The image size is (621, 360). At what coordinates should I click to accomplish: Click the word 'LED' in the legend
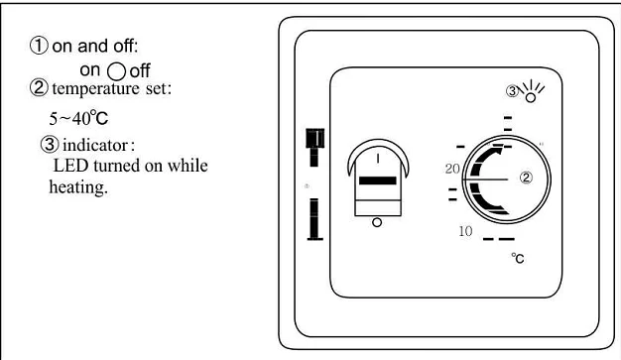[x=69, y=166]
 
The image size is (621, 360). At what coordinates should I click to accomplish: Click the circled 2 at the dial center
[x=526, y=179]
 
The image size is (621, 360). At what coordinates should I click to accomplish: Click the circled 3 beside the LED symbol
[x=512, y=92]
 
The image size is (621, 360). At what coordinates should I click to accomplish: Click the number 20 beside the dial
[x=451, y=170]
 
